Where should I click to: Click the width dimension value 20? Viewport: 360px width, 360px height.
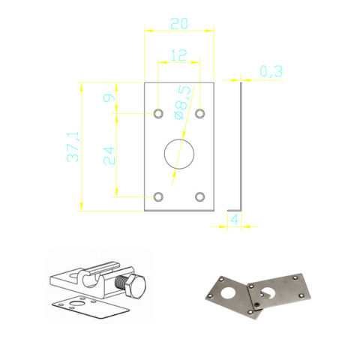178,23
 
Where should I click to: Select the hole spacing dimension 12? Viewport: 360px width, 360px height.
178,55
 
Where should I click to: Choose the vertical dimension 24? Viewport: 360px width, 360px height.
109,155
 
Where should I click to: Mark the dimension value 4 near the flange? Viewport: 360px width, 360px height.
234,220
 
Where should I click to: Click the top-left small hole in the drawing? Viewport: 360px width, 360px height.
158,113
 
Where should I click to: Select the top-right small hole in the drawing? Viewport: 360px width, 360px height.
200,113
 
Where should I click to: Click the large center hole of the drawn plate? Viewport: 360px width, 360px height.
179,154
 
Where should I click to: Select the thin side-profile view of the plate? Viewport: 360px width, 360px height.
240,142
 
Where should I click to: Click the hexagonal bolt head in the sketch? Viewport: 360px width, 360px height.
135,287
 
